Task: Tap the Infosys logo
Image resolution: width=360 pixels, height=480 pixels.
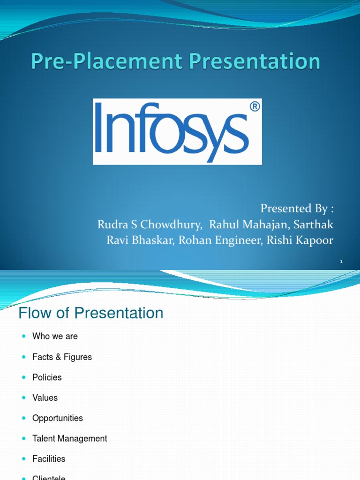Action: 177,132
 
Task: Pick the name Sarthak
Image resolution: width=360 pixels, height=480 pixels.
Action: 314,225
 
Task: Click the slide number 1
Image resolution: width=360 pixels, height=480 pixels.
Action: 342,261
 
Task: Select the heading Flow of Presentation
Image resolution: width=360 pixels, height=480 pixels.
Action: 91,313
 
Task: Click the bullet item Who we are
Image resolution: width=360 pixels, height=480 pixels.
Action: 55,336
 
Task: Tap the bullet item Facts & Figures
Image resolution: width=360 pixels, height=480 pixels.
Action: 62,357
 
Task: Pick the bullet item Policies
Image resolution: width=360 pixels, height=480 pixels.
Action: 47,377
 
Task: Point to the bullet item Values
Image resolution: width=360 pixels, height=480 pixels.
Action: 45,397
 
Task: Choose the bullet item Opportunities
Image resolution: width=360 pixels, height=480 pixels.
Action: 57,418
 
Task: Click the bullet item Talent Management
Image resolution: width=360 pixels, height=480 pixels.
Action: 69,438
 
